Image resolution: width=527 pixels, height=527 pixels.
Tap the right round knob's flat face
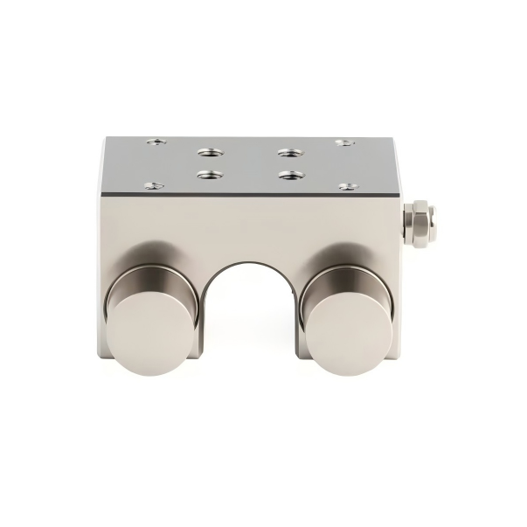(348, 332)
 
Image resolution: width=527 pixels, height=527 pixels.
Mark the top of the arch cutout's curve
(248, 261)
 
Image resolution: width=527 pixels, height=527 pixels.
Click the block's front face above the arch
(248, 227)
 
